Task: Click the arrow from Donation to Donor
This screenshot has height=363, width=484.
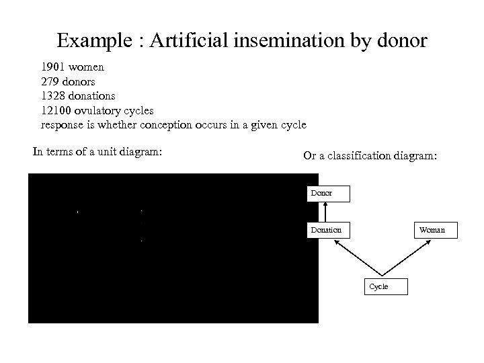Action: [x=325, y=212]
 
